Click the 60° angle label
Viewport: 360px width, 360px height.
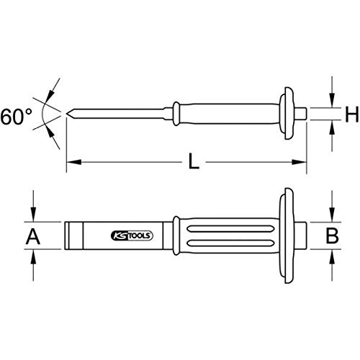[x=16, y=116]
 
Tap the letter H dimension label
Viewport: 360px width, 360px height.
[x=351, y=114]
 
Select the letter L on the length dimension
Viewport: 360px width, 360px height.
[x=194, y=161]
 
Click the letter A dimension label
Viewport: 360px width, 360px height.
[x=33, y=236]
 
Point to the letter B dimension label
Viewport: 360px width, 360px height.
[x=332, y=235]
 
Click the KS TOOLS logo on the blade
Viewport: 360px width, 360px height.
[x=132, y=235]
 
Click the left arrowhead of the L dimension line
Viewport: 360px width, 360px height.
[x=74, y=162]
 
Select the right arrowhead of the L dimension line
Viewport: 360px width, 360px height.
[x=299, y=162]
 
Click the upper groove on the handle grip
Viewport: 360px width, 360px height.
[x=230, y=228]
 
